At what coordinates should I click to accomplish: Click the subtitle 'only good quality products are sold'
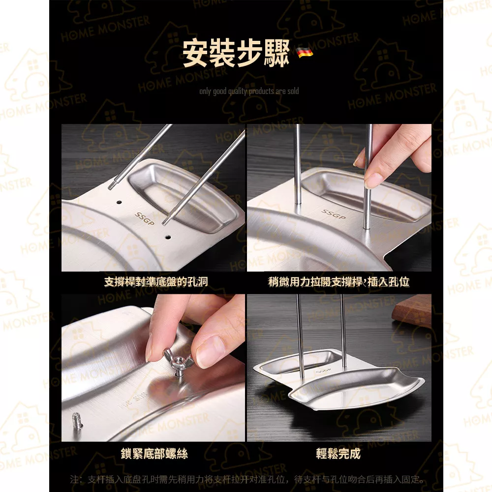249,91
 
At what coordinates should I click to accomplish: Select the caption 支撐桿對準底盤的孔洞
156,282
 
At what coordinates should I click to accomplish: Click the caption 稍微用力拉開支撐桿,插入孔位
338,282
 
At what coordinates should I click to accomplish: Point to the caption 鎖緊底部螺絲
154,453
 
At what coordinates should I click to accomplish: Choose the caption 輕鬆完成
338,453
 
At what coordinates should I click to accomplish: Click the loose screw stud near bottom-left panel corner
76,421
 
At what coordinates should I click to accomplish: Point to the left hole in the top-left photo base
119,202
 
